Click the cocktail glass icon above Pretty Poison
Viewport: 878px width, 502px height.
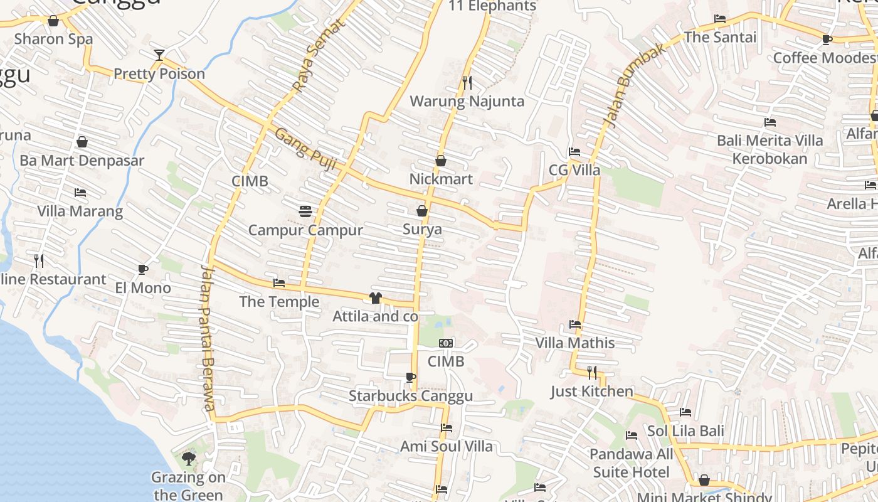(159, 55)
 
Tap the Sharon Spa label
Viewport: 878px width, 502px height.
(53, 39)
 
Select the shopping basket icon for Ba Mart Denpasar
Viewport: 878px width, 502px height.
(82, 142)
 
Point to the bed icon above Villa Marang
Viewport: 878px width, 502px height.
(80, 193)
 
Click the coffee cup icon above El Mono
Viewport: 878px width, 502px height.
(143, 270)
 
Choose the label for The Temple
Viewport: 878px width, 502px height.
(279, 302)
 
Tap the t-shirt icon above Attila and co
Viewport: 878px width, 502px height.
(376, 298)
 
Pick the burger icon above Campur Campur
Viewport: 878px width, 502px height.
(305, 212)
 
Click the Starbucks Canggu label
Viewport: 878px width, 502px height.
(410, 396)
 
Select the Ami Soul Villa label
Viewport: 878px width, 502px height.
(446, 446)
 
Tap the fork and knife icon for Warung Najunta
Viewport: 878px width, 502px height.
(467, 83)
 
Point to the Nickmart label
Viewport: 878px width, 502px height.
(441, 179)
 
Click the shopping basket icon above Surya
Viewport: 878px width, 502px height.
(422, 211)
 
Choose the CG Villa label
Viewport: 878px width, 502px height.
(574, 170)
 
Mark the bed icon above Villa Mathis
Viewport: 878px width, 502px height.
(574, 325)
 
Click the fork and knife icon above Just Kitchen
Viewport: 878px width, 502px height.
(592, 373)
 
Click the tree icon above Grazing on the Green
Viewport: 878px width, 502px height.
(188, 459)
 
